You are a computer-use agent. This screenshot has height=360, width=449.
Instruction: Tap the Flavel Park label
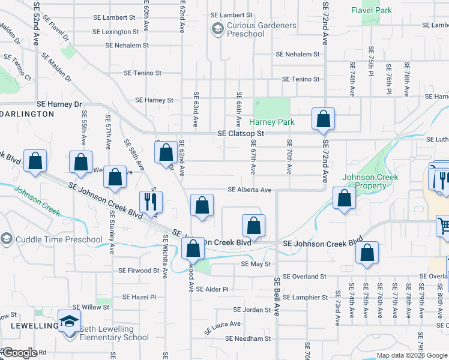[372, 10]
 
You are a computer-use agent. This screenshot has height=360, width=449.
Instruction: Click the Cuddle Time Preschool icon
[6, 239]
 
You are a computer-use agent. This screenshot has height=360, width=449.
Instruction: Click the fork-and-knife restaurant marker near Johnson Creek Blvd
[150, 201]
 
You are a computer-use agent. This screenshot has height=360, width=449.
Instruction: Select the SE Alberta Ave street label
[250, 190]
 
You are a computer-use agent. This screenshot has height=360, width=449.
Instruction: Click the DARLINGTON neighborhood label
[28, 113]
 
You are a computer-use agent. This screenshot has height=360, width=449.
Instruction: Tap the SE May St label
[256, 264]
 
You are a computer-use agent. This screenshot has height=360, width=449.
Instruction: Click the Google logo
[19, 353]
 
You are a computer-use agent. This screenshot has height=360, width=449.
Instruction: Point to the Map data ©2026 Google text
[411, 355]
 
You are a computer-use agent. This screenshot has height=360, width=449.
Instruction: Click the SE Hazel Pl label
[139, 297]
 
